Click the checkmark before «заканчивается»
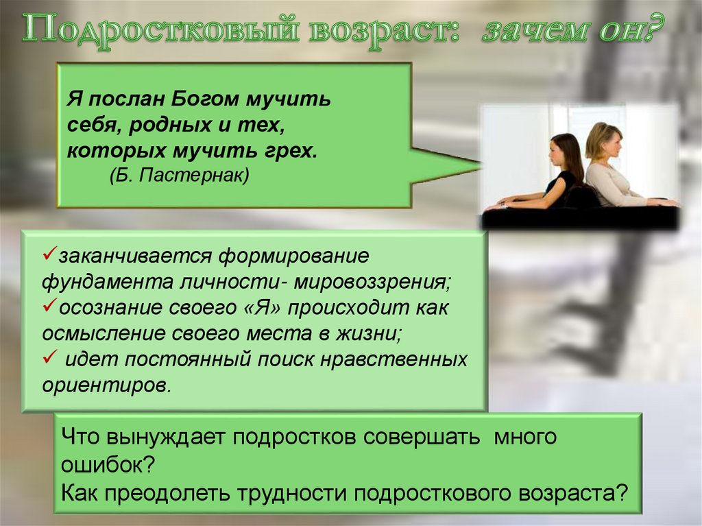click(x=49, y=256)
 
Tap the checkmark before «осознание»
click(x=49, y=307)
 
